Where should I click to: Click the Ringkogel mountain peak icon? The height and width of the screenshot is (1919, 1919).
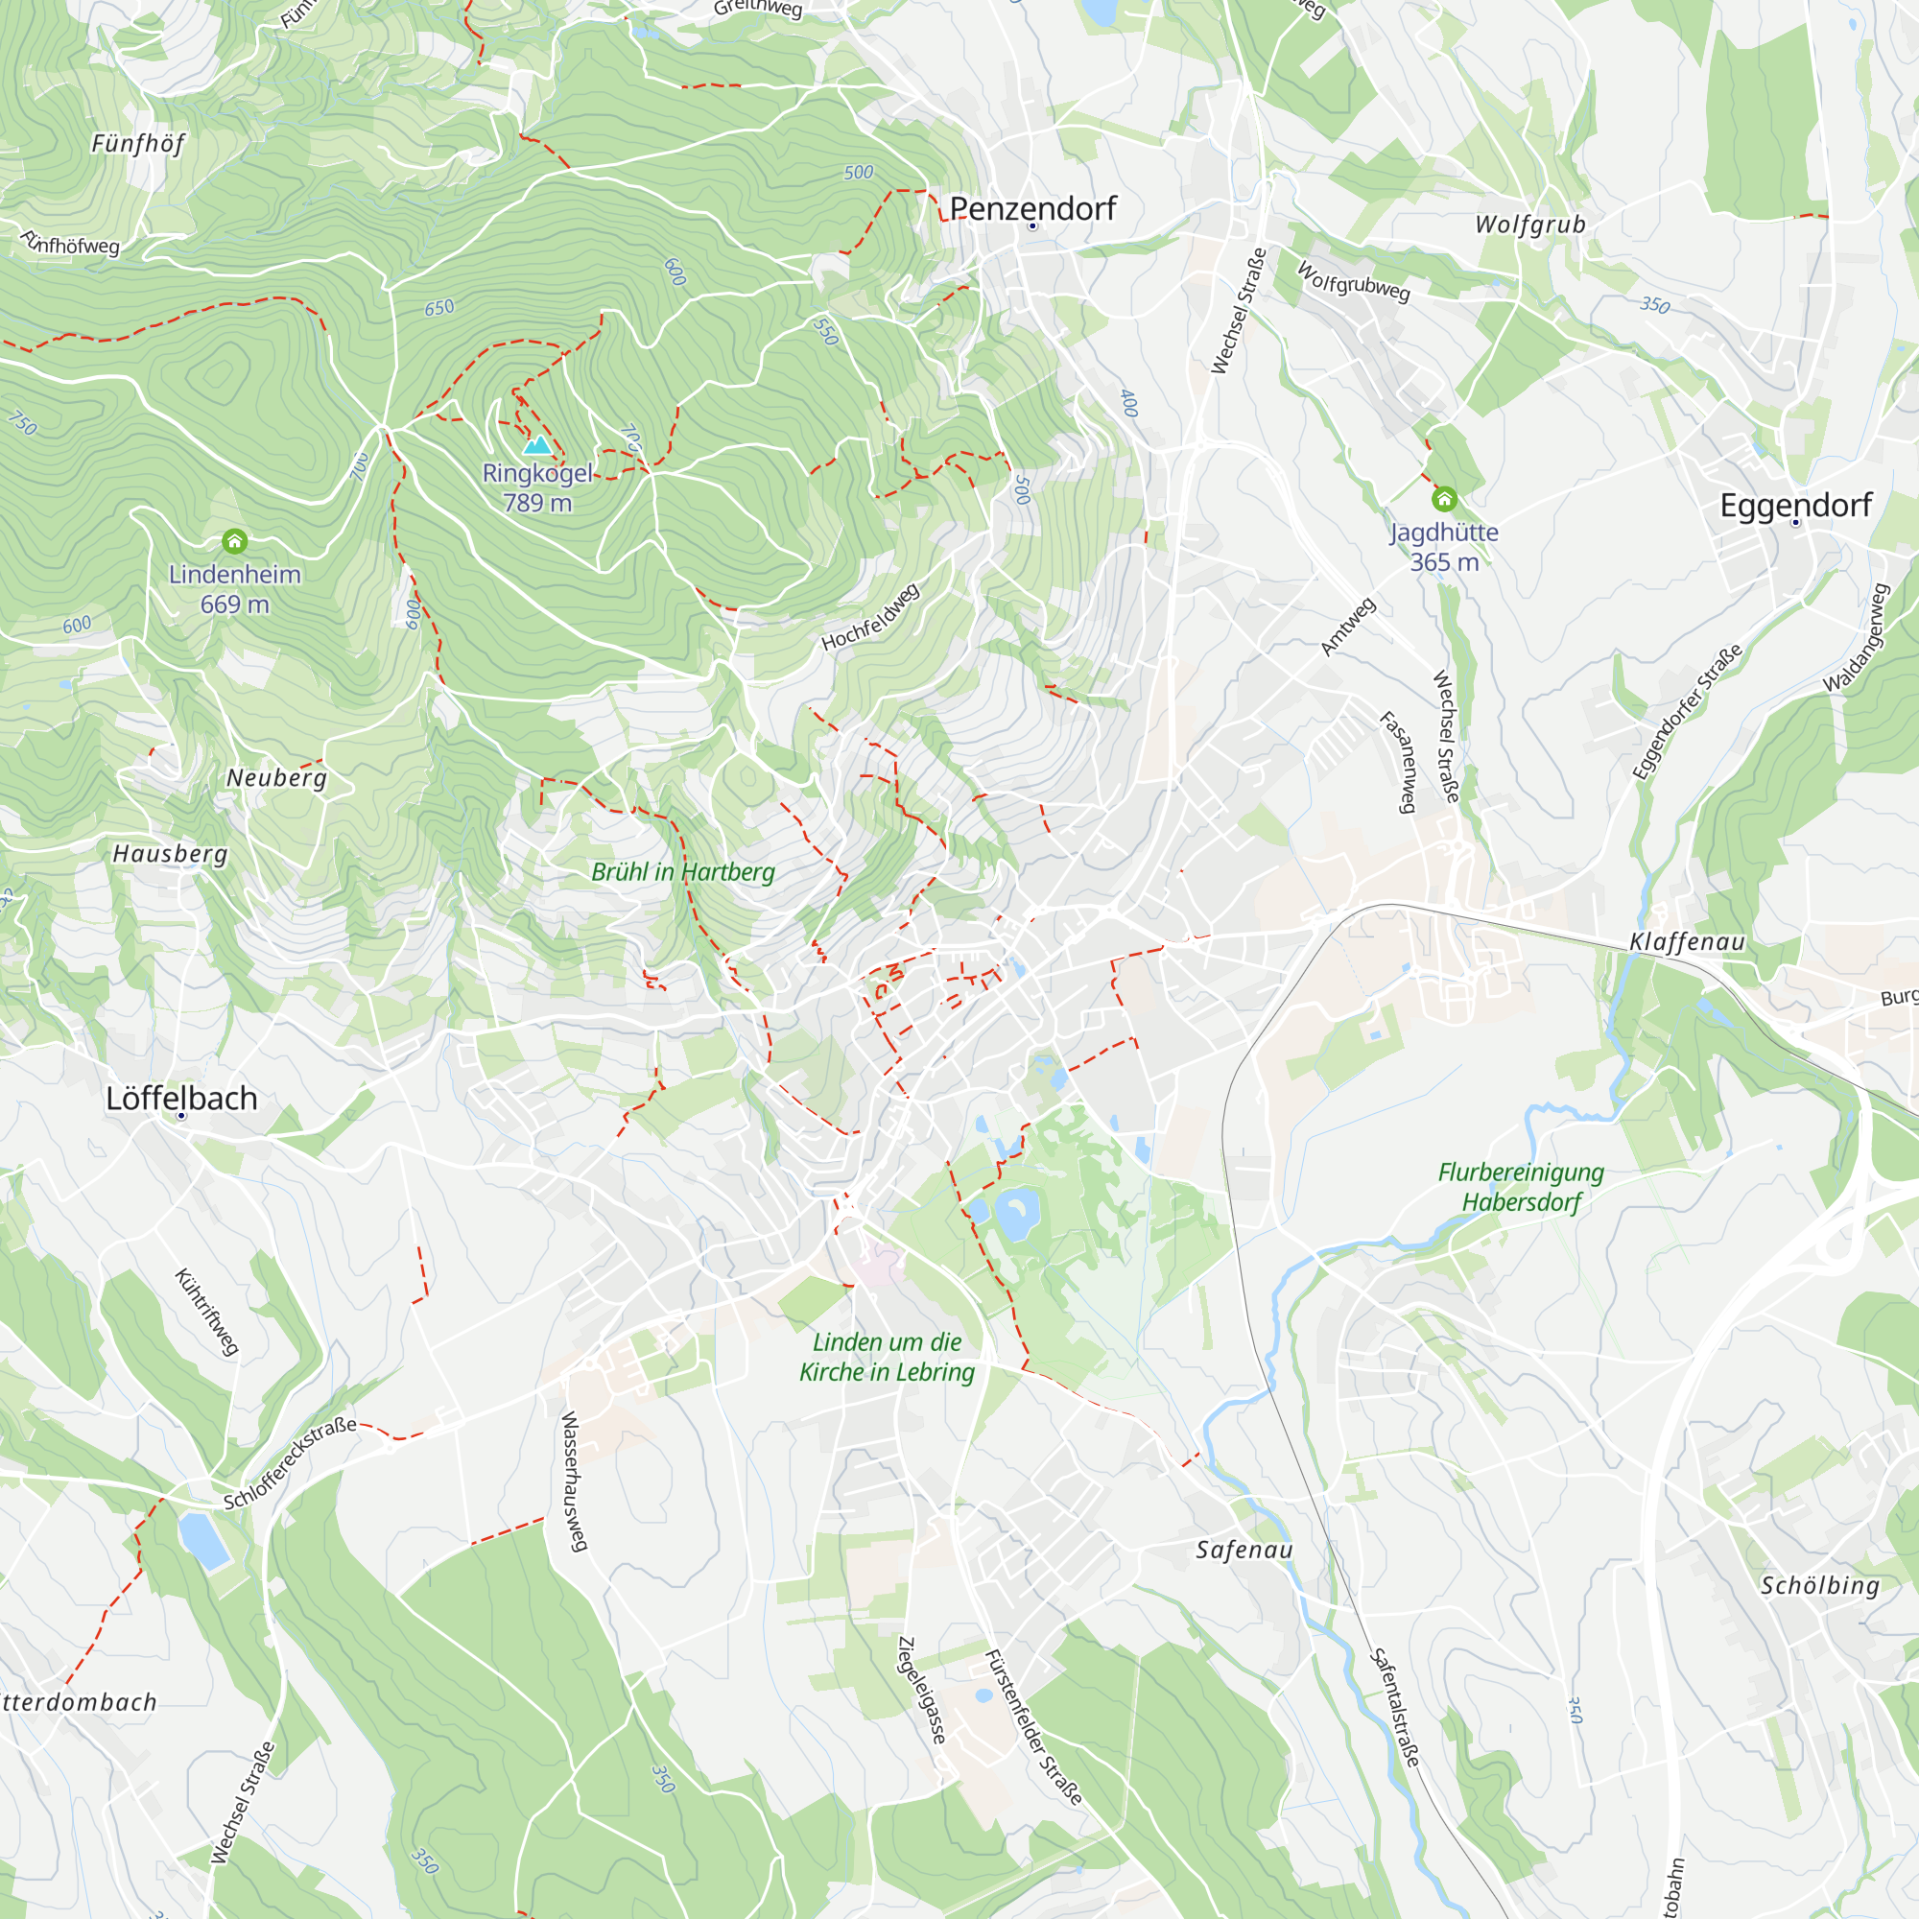[537, 444]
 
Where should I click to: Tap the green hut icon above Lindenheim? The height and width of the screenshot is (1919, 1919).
[234, 541]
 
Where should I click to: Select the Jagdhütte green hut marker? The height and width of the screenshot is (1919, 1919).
[1444, 499]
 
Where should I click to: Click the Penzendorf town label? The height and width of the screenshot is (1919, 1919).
[1032, 208]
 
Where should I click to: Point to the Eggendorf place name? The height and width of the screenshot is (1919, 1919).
[1795, 506]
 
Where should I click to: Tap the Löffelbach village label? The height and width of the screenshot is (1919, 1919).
[181, 1099]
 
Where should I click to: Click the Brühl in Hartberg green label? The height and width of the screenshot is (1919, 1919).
[682, 872]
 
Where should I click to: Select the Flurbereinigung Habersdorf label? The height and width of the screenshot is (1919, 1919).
[1521, 1187]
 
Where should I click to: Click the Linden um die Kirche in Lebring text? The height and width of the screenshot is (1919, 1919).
[887, 1357]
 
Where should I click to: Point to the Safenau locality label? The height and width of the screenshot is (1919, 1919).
[1244, 1551]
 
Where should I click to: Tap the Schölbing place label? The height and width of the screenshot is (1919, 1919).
[1819, 1586]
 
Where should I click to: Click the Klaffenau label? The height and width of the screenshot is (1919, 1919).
[1687, 941]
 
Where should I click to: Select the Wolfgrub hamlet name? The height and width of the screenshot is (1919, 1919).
[1529, 225]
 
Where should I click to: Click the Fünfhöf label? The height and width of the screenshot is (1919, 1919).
[138, 144]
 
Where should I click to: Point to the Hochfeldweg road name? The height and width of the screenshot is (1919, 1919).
[870, 618]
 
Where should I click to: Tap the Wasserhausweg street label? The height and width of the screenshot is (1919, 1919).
[575, 1481]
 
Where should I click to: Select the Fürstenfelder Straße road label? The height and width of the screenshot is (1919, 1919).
[1032, 1726]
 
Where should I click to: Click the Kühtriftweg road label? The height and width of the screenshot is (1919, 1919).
[206, 1312]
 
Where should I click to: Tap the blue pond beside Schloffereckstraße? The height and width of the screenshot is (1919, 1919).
[203, 1541]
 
